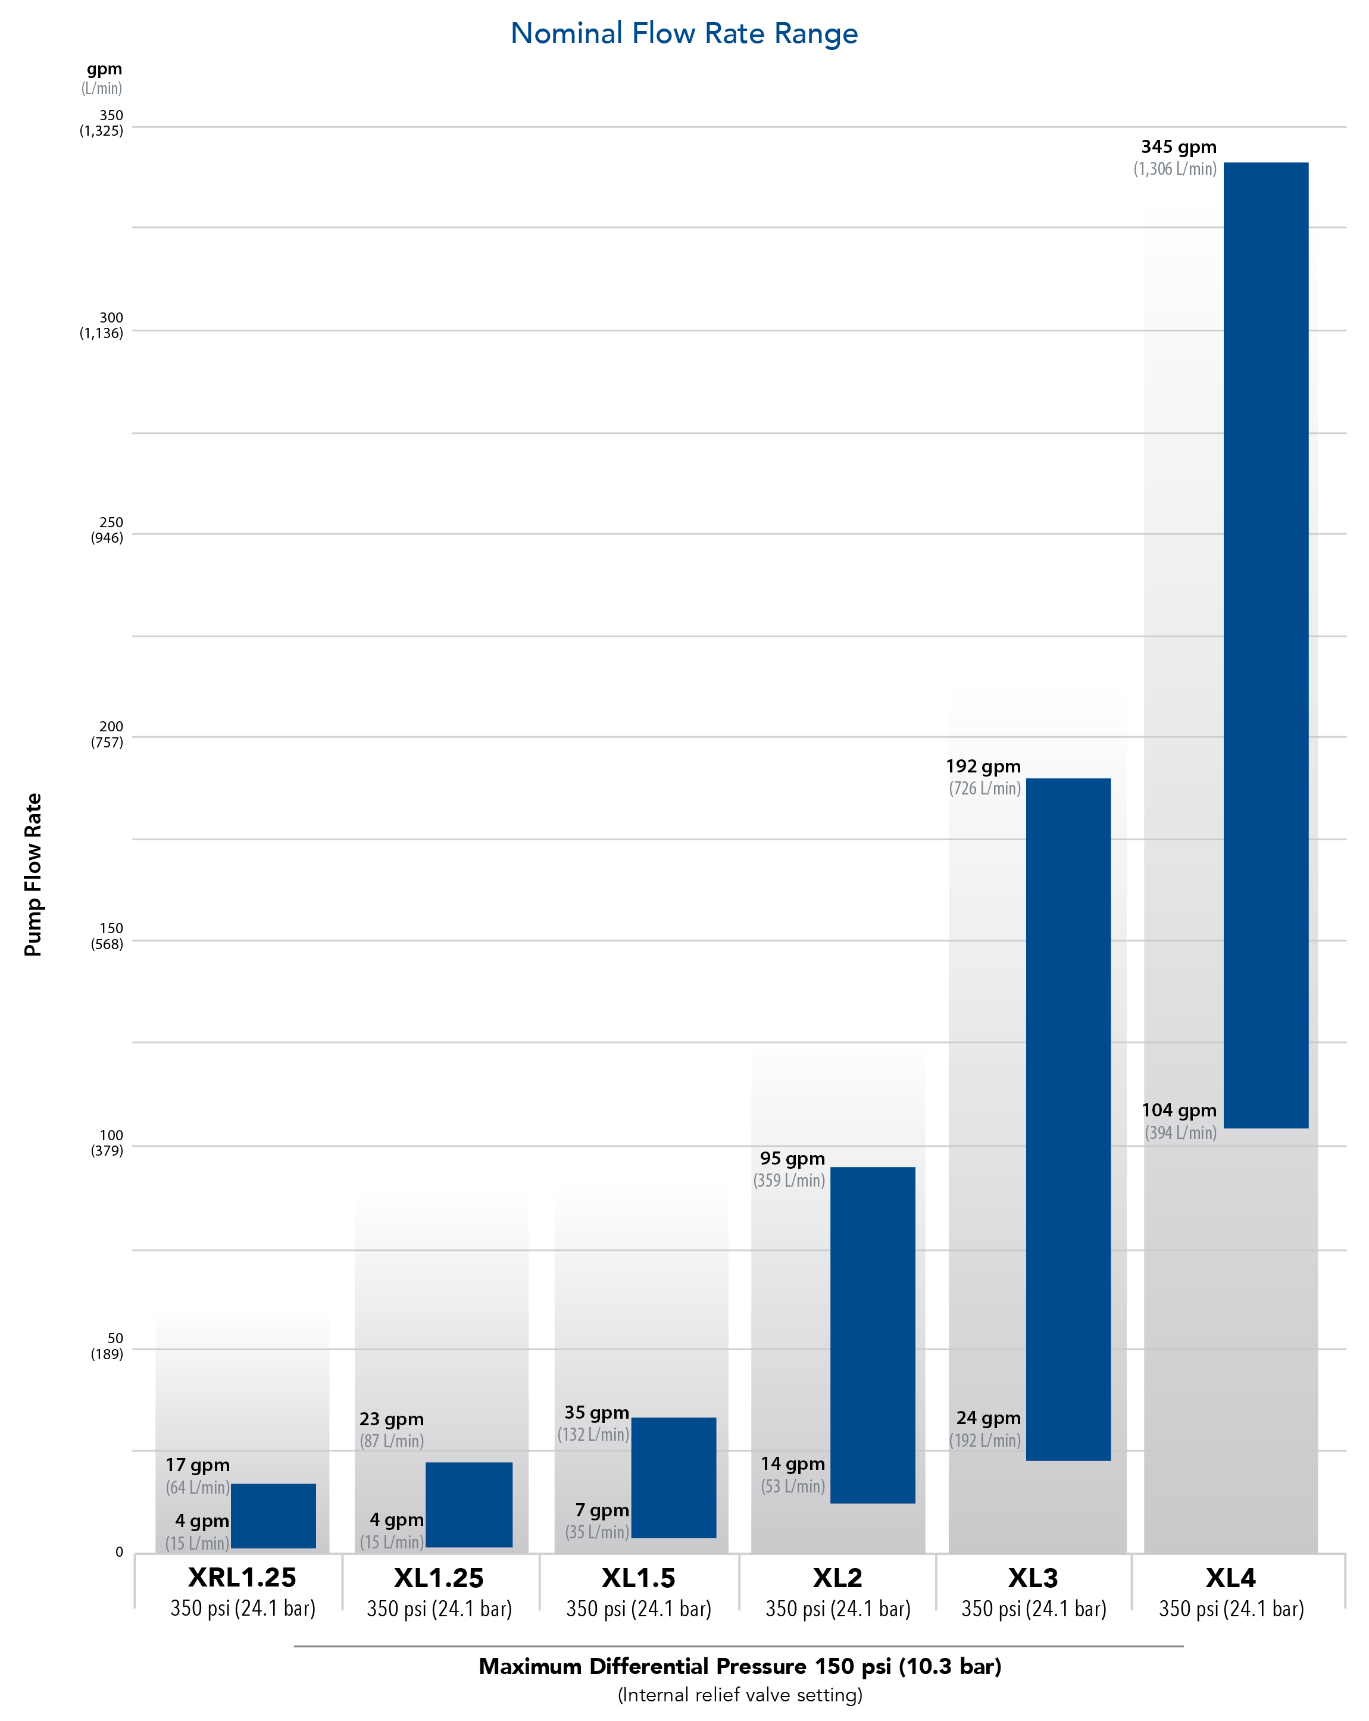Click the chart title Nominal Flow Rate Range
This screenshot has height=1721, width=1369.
[x=684, y=33]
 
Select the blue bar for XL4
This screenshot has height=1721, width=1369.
[x=1265, y=645]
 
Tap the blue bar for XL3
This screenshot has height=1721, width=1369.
[x=1067, y=1119]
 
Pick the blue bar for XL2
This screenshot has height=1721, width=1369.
[x=873, y=1335]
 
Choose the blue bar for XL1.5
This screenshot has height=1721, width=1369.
[x=674, y=1478]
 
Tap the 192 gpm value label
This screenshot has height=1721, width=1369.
[x=983, y=766]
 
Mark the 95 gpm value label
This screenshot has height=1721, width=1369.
[x=792, y=1158]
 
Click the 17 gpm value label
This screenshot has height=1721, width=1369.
[x=197, y=1465]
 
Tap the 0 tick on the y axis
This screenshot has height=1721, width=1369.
[x=119, y=1552]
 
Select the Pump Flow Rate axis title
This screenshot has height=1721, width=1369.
[x=33, y=874]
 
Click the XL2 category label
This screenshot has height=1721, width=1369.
[x=837, y=1578]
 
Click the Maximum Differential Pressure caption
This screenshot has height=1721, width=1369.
[x=739, y=1667]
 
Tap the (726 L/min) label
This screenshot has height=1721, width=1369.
[x=984, y=788]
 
